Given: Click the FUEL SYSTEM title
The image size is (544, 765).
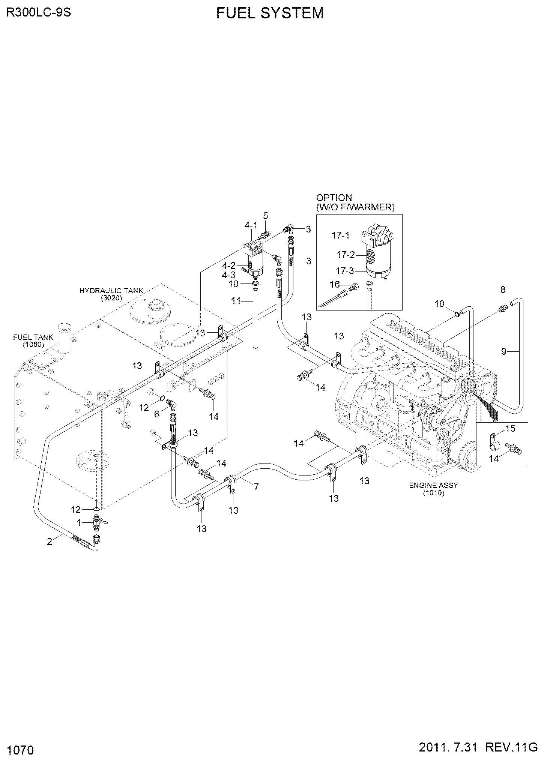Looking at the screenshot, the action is tap(270, 13).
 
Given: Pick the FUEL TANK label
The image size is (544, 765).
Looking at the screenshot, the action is tap(33, 337).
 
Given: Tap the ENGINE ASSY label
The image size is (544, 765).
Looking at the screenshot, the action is tap(433, 485).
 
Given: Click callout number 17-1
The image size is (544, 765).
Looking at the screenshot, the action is tap(341, 235).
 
